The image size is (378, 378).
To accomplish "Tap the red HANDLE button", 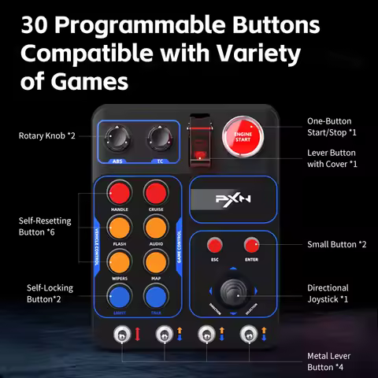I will coord(120,193).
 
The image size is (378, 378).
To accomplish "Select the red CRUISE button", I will coord(155,193).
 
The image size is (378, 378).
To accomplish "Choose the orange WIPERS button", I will coord(120,261).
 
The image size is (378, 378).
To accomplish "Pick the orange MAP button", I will coord(155,261).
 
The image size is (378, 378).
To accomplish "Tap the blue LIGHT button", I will coord(120,296).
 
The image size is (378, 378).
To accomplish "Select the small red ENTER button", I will coord(252,244).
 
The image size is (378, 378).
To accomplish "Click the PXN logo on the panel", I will coord(232,199).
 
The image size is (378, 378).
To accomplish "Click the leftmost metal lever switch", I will coord(123,336).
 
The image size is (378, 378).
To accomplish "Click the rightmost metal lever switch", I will coord(246,336).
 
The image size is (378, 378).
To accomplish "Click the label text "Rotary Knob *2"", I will coord(47,135).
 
